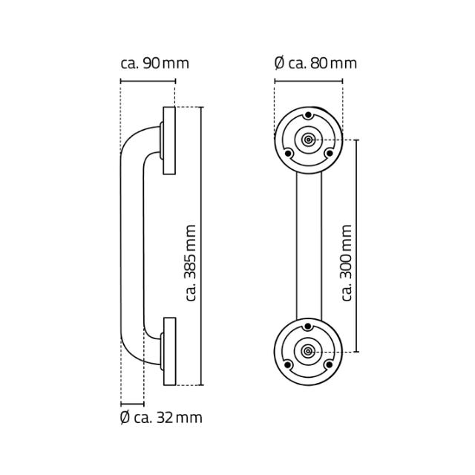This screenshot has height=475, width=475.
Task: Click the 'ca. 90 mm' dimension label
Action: pos(154,63)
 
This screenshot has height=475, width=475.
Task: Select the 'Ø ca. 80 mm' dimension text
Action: pos(315,63)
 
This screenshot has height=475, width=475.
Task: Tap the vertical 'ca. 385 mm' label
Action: pos(191,263)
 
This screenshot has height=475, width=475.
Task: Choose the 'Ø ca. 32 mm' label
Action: pos(161,418)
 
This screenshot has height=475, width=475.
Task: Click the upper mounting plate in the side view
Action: pos(169,140)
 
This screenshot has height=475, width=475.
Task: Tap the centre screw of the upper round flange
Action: pos(308,140)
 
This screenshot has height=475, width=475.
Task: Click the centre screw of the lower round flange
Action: pos(308,351)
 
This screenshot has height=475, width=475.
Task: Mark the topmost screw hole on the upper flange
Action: pos(308,116)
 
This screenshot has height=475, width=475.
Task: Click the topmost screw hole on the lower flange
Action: pos(308,327)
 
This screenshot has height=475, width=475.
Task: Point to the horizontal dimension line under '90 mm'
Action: pos(147,82)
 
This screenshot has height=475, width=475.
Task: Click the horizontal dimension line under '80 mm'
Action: pos(308,82)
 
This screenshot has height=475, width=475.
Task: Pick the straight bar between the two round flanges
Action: pos(308,245)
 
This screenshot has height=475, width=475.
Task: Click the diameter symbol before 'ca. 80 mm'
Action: pos(279,63)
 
